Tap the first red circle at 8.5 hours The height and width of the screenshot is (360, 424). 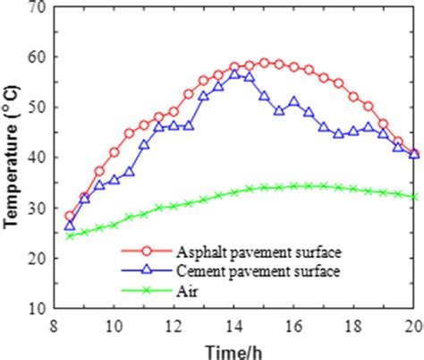(70, 216)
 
